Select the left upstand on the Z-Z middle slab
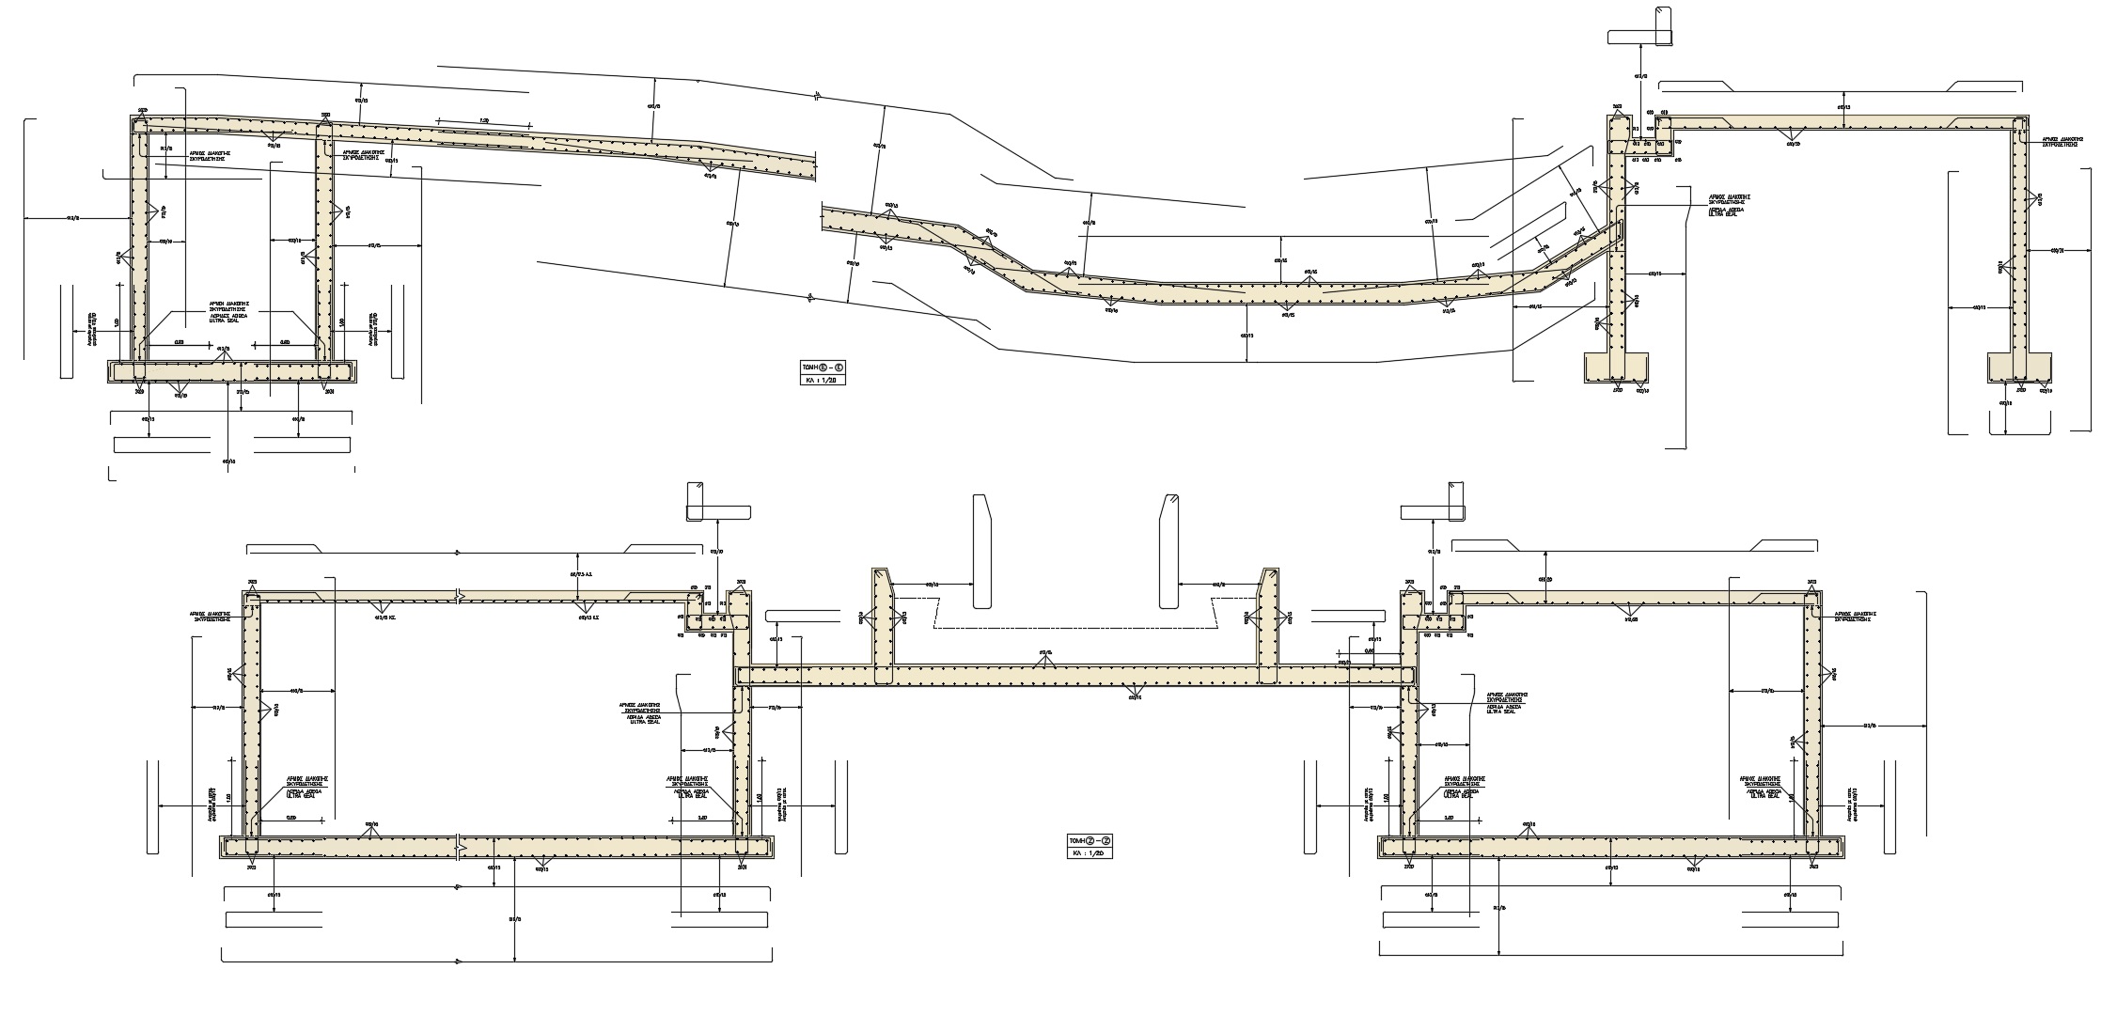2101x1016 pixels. pos(884,625)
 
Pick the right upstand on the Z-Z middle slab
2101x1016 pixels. pos(1268,625)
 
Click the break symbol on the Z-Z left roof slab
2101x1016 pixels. pos(458,596)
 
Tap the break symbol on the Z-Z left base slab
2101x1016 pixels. pos(458,845)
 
